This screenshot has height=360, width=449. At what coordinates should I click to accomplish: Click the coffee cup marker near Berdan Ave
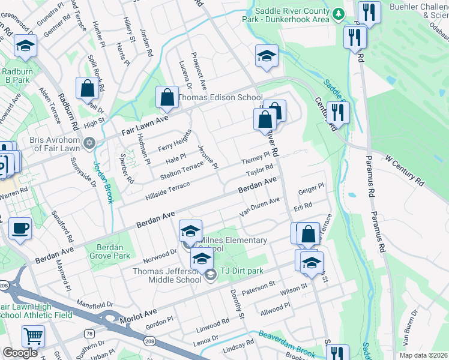[x=20, y=229]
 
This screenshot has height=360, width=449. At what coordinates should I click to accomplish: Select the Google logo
[x=20, y=353]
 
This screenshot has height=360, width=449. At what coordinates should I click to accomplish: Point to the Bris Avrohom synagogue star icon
[x=89, y=143]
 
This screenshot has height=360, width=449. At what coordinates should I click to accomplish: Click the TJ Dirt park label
[x=241, y=271]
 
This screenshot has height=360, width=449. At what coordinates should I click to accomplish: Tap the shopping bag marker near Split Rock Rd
[x=88, y=88]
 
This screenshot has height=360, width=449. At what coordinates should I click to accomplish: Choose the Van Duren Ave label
[x=259, y=207]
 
